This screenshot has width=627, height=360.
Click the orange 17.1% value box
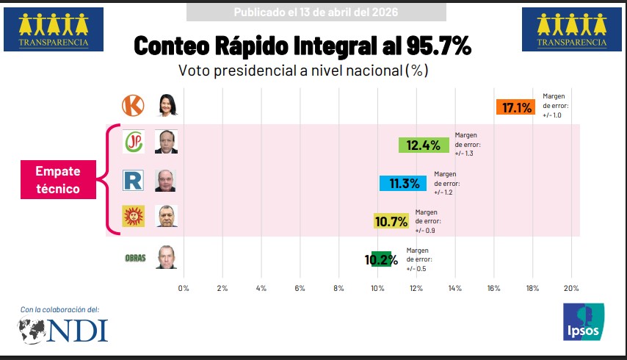(x=516, y=108)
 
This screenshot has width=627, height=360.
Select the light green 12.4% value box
(x=423, y=145)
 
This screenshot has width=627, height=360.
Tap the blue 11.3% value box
(x=404, y=183)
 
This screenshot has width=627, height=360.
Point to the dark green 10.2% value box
(x=381, y=259)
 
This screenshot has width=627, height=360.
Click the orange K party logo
(x=132, y=106)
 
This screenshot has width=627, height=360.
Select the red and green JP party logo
(x=133, y=142)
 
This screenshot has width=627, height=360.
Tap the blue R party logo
(x=133, y=180)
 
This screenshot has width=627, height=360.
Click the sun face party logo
(x=132, y=217)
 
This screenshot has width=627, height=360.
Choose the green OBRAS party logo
(x=134, y=258)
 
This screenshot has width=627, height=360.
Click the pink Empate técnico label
(x=57, y=179)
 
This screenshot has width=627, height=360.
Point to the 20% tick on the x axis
(x=571, y=288)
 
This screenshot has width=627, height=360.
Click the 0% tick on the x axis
(x=184, y=288)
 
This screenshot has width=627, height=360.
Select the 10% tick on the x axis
(x=377, y=288)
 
